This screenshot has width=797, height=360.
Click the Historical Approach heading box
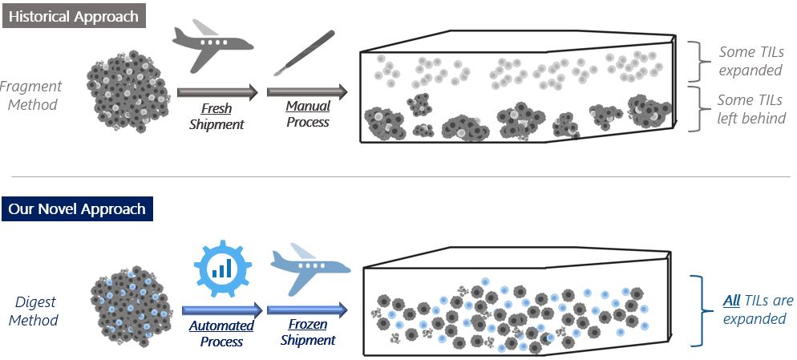click(x=75, y=16)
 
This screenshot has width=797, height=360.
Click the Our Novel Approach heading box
click(x=77, y=209)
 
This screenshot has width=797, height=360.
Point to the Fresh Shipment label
click(x=216, y=116)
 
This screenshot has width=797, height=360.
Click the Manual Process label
click(x=308, y=114)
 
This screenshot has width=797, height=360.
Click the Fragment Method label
click(x=30, y=95)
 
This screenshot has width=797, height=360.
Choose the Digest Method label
click(x=36, y=311)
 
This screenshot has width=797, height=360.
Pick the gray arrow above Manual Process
click(x=309, y=91)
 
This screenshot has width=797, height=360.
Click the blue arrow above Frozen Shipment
click(x=307, y=309)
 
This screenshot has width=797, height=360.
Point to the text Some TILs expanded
click(x=750, y=62)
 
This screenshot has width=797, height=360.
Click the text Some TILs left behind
click(x=751, y=110)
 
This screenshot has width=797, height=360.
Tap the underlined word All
click(x=731, y=301)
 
